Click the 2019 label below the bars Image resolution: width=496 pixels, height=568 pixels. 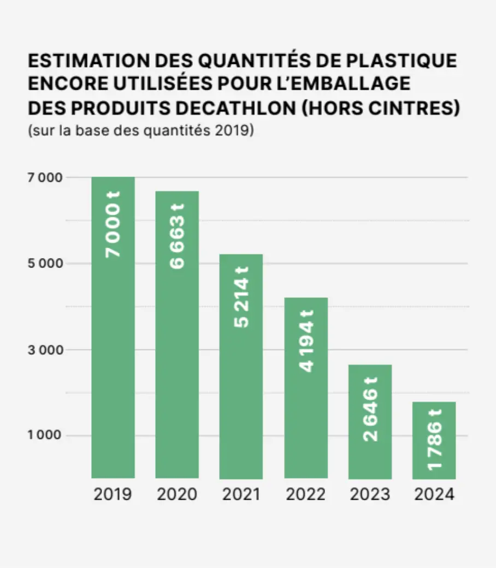coord(113,495)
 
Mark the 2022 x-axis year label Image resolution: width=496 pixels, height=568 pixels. coord(305,495)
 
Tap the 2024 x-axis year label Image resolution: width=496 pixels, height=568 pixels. coord(434,495)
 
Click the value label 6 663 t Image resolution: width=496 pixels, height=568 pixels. coord(177,236)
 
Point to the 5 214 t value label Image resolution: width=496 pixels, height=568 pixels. coord(241,297)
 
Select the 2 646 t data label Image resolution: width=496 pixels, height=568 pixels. coord(370,408)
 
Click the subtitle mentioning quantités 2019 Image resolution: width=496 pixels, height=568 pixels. coord(140,132)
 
